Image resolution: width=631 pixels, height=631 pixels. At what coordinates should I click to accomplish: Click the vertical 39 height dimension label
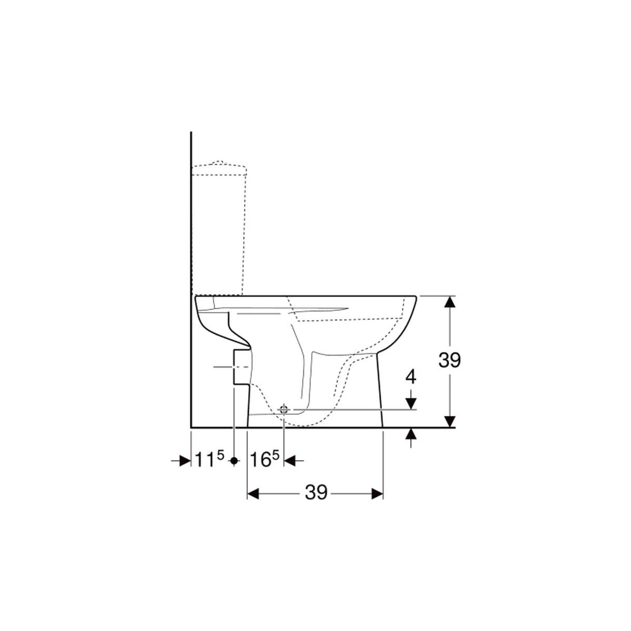pyautogui.click(x=449, y=361)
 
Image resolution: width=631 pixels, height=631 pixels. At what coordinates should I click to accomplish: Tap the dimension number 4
pyautogui.click(x=411, y=377)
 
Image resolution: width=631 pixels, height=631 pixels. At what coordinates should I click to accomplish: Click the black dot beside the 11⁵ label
pyautogui.click(x=234, y=461)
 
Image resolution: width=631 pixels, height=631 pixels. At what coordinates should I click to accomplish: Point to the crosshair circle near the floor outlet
pyautogui.click(x=283, y=409)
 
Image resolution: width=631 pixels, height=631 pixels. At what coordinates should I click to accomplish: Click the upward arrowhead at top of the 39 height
pyautogui.click(x=451, y=301)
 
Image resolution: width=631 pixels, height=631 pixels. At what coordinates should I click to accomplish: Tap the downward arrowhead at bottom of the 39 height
pyautogui.click(x=451, y=422)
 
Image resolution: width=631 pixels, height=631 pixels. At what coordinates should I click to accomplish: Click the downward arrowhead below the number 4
pyautogui.click(x=411, y=403)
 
